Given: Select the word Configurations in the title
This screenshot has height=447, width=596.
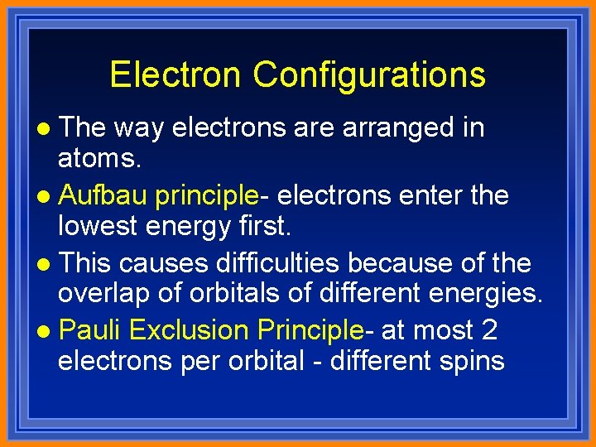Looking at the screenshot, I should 369,74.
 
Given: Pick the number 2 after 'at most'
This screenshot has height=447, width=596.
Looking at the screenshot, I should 488,331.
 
